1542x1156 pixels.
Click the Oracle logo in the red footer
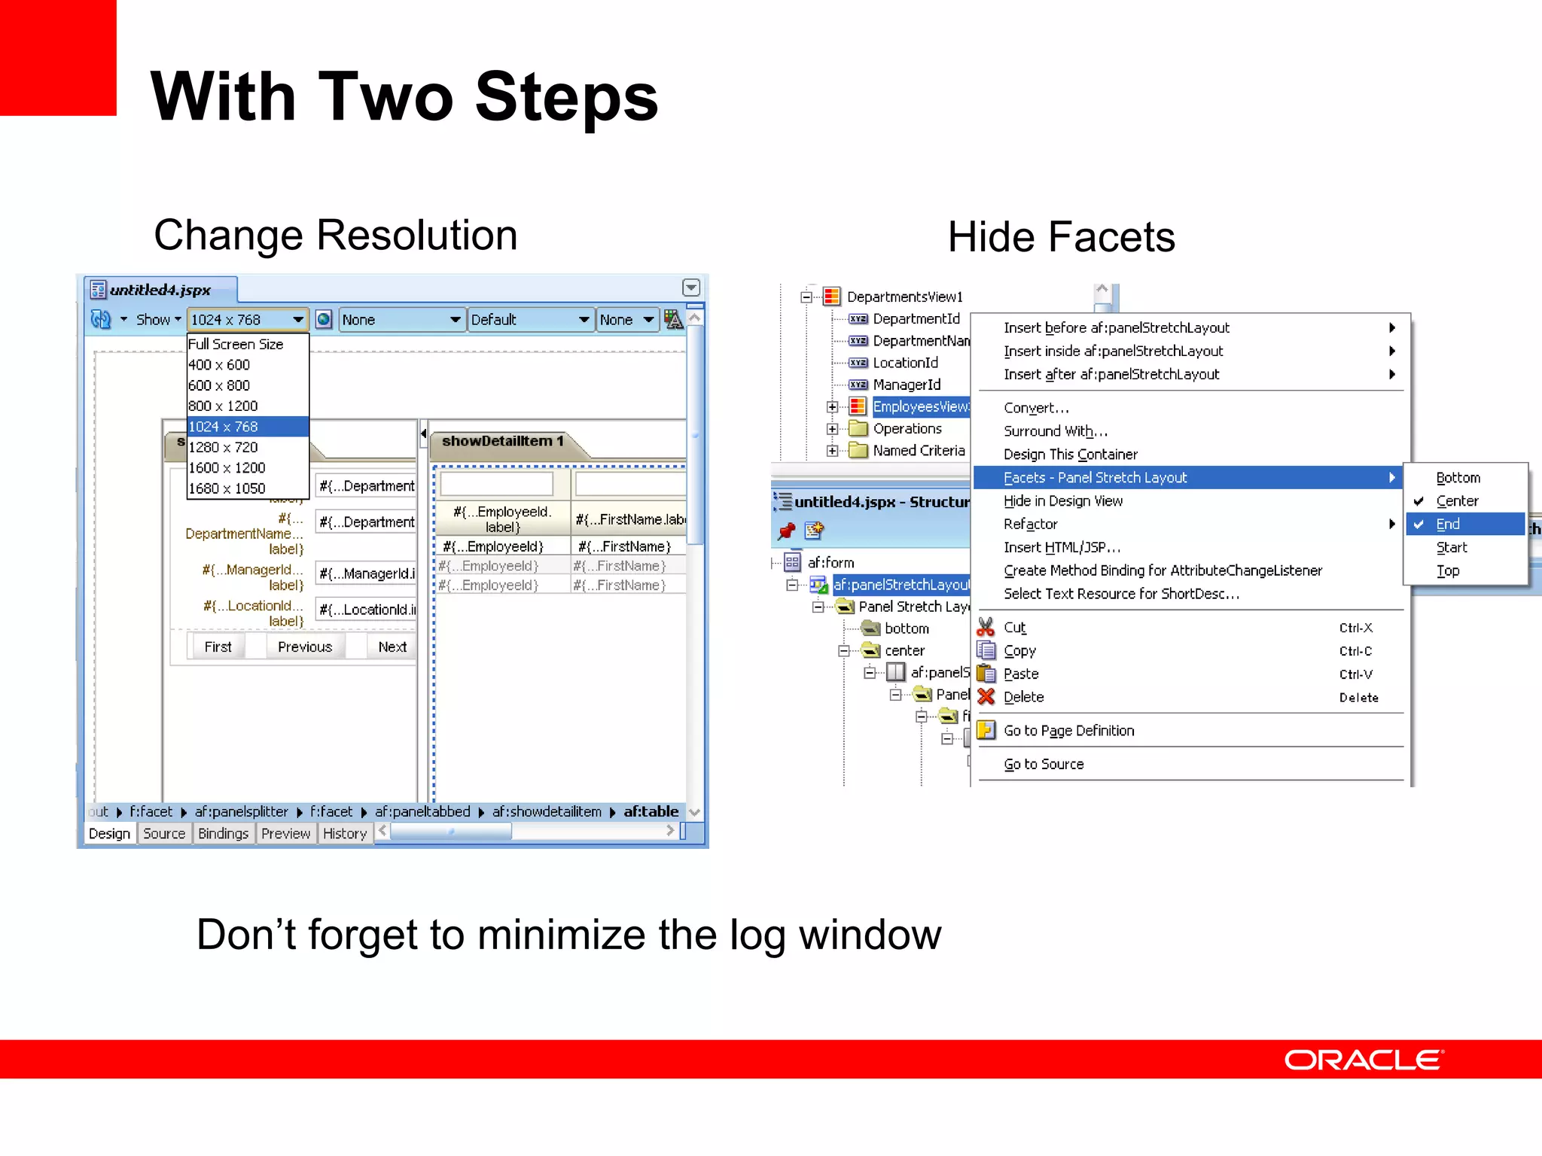point(1363,1060)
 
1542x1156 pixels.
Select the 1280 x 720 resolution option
point(223,447)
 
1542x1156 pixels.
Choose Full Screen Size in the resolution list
point(236,344)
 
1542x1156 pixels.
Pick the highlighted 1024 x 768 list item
point(223,427)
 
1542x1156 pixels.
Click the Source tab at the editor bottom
point(164,833)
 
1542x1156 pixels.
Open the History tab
point(344,833)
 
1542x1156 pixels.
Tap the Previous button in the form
point(304,646)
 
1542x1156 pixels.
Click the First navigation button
point(218,646)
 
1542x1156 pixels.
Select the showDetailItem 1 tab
point(502,441)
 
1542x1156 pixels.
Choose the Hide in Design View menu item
point(1062,501)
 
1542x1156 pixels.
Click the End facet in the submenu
point(1447,525)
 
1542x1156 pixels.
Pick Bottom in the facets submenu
point(1458,478)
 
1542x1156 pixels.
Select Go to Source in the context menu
point(1044,765)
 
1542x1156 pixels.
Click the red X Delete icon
point(986,697)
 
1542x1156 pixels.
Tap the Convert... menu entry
point(1036,408)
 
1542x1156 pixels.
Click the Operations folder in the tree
point(907,429)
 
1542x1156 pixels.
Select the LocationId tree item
point(905,363)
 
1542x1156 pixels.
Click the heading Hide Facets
point(1061,237)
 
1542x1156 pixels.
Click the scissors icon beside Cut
point(986,627)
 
